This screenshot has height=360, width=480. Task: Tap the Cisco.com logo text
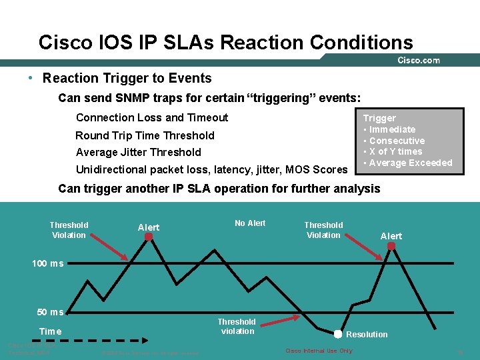[419, 60]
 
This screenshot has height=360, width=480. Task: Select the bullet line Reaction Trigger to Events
[127, 78]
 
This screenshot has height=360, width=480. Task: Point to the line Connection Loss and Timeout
[152, 117]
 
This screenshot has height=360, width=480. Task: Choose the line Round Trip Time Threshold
[145, 135]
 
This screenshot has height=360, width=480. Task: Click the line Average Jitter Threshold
[138, 152]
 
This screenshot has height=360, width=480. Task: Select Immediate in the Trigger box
[392, 129]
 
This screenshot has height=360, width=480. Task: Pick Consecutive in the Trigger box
[397, 141]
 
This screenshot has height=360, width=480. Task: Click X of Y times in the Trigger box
[395, 151]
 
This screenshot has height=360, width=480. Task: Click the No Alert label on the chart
[250, 223]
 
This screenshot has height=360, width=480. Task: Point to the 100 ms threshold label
[48, 263]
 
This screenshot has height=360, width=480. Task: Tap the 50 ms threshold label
[50, 312]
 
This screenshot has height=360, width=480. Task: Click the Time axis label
[50, 331]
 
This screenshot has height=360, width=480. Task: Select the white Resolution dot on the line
[338, 334]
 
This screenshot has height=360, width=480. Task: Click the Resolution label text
[367, 335]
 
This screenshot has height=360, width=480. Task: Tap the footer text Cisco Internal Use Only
[319, 351]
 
